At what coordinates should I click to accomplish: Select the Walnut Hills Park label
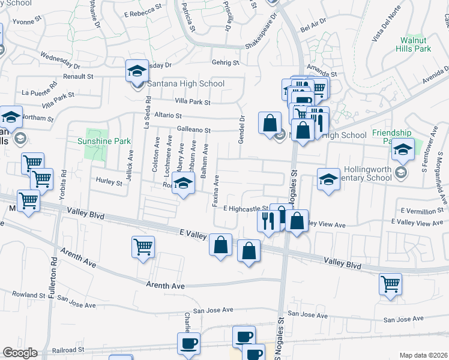click(416, 44)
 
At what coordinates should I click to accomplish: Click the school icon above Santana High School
click(137, 71)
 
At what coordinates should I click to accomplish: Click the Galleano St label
click(194, 130)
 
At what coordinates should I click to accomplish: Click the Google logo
click(20, 353)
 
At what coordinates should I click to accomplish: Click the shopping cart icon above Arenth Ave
click(143, 247)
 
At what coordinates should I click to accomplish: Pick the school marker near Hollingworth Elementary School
click(328, 179)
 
